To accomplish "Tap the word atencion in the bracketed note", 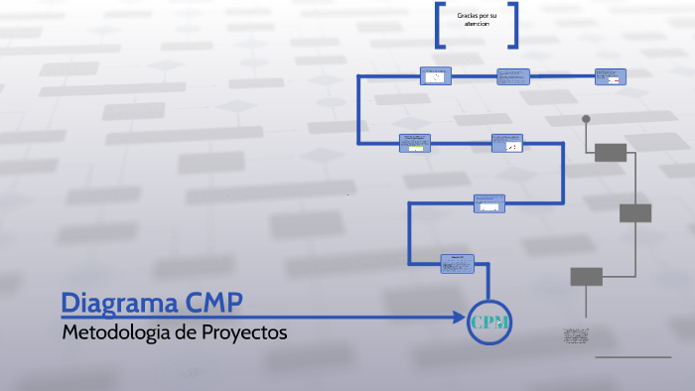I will point(477,23).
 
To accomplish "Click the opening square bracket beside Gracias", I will point(439,25).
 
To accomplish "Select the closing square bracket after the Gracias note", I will point(513,25).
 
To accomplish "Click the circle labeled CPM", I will point(489,322).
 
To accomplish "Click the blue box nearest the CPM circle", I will point(458,263).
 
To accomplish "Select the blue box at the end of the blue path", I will point(611,76).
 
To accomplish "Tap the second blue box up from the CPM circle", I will point(488,202).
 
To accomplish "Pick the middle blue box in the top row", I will point(513,76).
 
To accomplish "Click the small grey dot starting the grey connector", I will point(586,119).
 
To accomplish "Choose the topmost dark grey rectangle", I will point(611,152).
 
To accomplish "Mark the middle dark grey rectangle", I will point(635,212).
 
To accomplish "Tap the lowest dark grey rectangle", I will point(586,276).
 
